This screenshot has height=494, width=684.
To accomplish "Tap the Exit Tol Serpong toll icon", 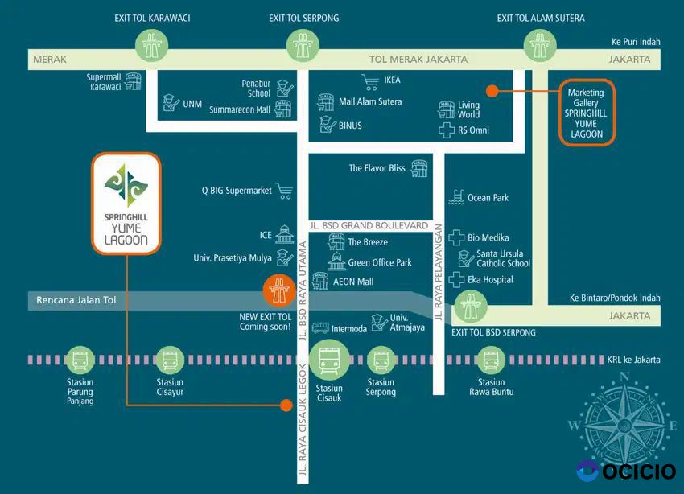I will [x=304, y=47].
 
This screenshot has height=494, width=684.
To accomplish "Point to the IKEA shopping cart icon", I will [x=370, y=81].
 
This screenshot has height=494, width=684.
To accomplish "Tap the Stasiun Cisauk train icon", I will [x=329, y=360].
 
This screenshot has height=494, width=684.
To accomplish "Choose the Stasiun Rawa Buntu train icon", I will [x=491, y=360].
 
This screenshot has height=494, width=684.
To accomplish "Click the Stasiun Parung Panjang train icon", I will [x=80, y=360].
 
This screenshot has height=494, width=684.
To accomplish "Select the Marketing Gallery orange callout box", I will [x=587, y=112].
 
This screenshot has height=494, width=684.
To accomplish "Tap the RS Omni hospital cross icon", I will [x=447, y=130].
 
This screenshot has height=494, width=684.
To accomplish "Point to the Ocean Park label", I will [x=488, y=198].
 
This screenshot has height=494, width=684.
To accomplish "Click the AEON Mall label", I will [x=353, y=282].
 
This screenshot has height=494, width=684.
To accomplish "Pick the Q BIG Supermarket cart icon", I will [x=283, y=191].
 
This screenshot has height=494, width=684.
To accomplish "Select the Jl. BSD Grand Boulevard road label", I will [x=369, y=225].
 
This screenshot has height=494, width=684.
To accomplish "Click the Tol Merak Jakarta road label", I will [x=418, y=60].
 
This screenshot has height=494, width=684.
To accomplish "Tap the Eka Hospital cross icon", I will [x=457, y=280].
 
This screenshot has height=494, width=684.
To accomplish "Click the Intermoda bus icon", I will [x=320, y=328].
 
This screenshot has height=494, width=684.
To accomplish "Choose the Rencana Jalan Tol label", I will [x=77, y=301].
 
